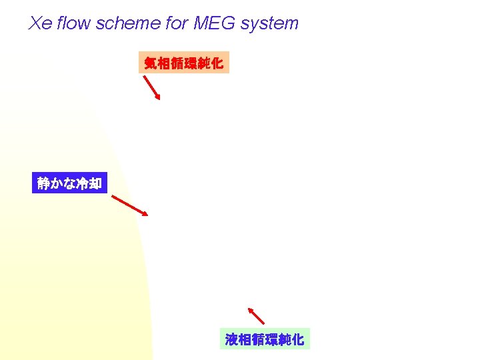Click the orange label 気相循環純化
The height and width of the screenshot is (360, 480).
pyautogui.click(x=183, y=63)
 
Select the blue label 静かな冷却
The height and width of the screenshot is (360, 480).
pyautogui.click(x=69, y=183)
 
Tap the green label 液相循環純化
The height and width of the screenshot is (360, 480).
pyautogui.click(x=264, y=339)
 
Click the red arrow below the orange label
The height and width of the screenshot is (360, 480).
pyautogui.click(x=152, y=87)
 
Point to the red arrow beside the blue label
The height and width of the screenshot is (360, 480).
pyautogui.click(x=129, y=205)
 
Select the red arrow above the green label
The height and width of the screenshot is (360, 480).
pyautogui.click(x=256, y=315)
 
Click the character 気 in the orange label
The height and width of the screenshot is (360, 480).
pyautogui.click(x=151, y=63)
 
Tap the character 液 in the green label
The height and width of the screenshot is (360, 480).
pyautogui.click(x=232, y=339)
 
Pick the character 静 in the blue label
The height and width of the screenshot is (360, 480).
pyautogui.click(x=44, y=183)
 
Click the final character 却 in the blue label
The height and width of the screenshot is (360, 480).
pyautogui.click(x=95, y=183)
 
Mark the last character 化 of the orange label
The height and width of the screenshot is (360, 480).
pyautogui.click(x=216, y=63)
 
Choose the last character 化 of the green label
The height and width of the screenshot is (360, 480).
pyautogui.click(x=297, y=339)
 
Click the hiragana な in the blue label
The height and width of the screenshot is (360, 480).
pyautogui.click(x=69, y=183)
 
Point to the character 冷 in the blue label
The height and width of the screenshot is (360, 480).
pyautogui.click(x=82, y=183)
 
